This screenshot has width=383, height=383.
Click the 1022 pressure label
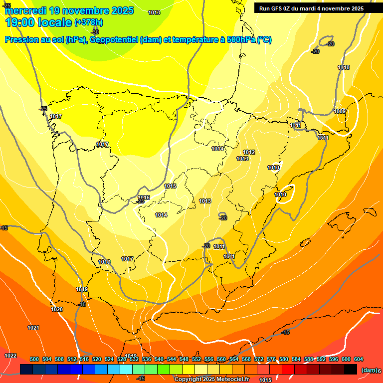click(x=10, y=356)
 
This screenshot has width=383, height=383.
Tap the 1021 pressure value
click(x=33, y=328)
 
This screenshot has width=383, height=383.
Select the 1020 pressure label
click(x=57, y=309)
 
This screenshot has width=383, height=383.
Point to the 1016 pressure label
click(x=144, y=197)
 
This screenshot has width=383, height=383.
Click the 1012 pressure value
click(x=249, y=152)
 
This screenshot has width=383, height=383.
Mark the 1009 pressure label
click(x=340, y=111)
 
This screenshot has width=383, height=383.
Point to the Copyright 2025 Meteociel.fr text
click(x=211, y=380)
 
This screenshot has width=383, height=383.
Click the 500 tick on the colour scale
click(x=34, y=359)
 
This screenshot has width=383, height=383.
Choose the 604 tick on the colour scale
click(x=359, y=359)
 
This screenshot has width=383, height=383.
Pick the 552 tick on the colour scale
click(x=196, y=359)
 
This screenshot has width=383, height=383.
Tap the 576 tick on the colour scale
click(x=271, y=359)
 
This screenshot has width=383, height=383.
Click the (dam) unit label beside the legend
click(x=369, y=370)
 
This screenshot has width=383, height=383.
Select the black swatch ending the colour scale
click(x=351, y=369)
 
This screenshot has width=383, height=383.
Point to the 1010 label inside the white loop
click(x=280, y=194)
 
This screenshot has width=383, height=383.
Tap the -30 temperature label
click(x=95, y=32)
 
